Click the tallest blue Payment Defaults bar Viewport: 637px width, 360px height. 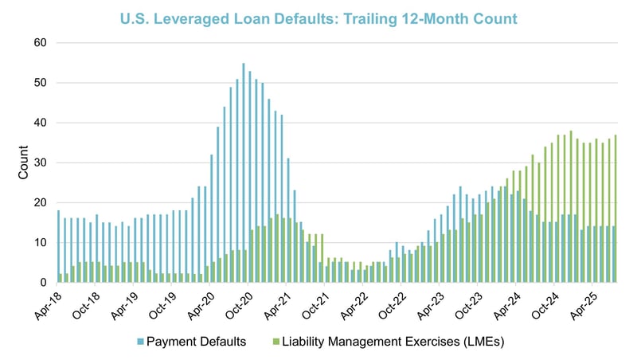(243, 173)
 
